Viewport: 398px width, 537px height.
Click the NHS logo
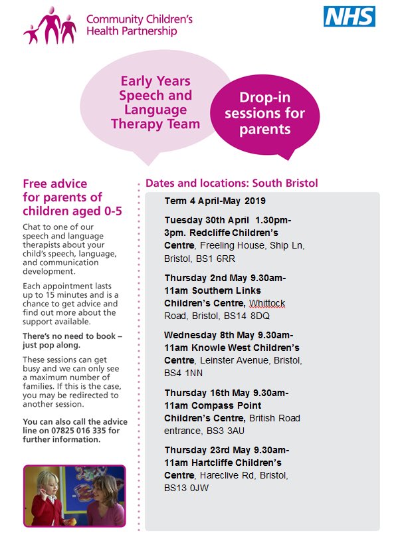pos(349,17)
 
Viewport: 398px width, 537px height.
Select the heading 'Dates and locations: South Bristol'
pos(231,183)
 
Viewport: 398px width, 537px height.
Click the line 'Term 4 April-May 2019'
pos(215,200)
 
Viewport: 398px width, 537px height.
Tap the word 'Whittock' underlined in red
pos(264,303)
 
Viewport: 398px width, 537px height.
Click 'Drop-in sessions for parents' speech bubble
pos(264,114)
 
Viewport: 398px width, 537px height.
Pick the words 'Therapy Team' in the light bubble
pos(155,124)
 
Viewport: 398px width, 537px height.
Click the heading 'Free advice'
pos(54,183)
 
